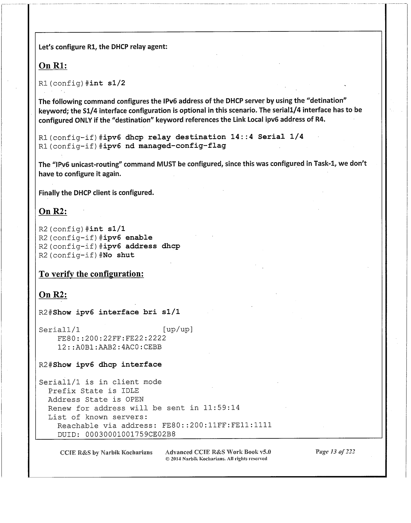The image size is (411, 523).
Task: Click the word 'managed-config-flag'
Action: pyautogui.click(x=182, y=146)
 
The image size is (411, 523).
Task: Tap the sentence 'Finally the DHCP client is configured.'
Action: pyautogui.click(x=96, y=193)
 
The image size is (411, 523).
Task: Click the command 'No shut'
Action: pyautogui.click(x=118, y=255)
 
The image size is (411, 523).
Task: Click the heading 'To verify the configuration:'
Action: pyautogui.click(x=91, y=274)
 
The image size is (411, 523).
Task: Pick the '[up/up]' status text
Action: pyautogui.click(x=178, y=329)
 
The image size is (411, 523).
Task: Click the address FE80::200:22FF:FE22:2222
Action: pyautogui.click(x=112, y=338)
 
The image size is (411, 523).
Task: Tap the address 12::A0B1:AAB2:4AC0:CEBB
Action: pyautogui.click(x=109, y=347)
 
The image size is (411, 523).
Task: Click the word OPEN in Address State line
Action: pyautogui.click(x=134, y=400)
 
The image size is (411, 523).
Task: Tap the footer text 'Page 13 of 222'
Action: pyautogui.click(x=335, y=452)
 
